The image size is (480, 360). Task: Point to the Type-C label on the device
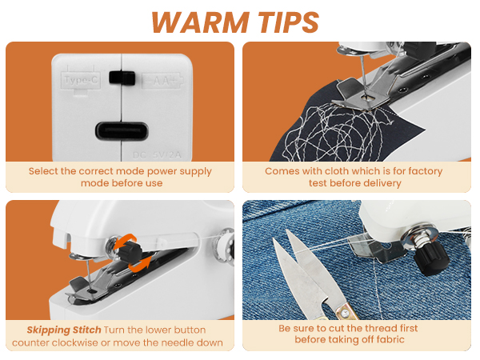coord(82,80)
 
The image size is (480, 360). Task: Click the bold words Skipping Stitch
coord(63,330)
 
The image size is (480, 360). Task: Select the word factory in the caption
coord(420,171)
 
